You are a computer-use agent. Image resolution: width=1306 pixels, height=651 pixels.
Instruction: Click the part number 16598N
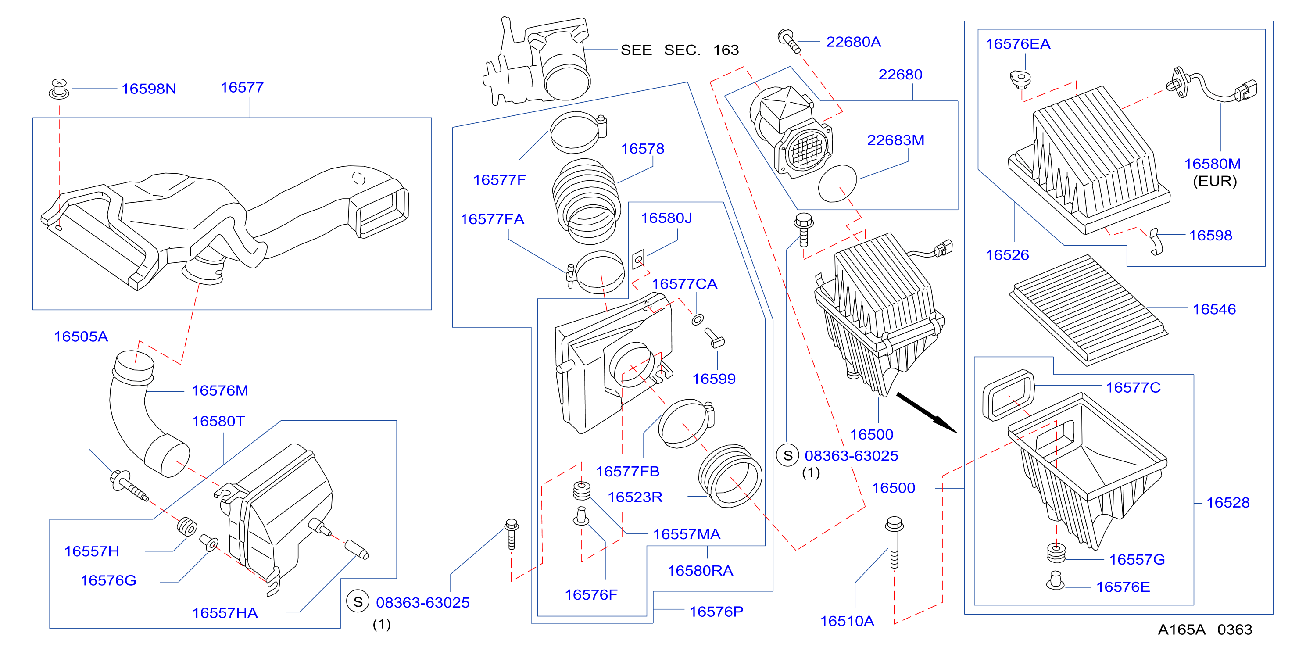(149, 89)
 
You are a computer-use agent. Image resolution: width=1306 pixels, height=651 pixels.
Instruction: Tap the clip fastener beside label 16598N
(59, 89)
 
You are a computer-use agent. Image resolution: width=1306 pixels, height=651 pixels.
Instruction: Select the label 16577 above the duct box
(242, 87)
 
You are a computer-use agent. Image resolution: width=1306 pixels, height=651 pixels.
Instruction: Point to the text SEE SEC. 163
(680, 50)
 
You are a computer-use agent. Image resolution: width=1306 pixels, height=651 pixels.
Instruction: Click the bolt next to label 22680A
(788, 40)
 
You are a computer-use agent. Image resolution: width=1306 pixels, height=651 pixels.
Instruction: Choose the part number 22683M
(895, 140)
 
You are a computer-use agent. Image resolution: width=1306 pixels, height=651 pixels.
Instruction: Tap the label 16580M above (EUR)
(1212, 164)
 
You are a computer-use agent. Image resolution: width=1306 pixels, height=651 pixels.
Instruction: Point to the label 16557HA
(225, 613)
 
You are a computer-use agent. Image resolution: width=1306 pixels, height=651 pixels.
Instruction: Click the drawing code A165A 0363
(1205, 629)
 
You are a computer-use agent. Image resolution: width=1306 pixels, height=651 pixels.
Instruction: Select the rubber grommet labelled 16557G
(1056, 553)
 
